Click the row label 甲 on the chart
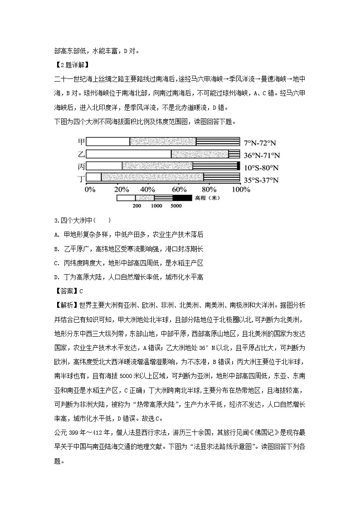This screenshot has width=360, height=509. (82, 142)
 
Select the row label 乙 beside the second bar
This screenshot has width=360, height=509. (82, 154)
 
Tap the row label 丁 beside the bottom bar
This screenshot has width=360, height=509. (82, 178)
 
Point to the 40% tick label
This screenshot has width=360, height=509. (147, 189)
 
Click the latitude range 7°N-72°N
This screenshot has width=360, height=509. (260, 142)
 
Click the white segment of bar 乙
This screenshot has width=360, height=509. (128, 154)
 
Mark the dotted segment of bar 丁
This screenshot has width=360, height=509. (152, 177)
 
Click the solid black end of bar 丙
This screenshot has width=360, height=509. (238, 165)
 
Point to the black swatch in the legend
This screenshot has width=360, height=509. (182, 198)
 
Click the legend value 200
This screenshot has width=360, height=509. (136, 206)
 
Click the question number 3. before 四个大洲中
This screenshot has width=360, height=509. (56, 221)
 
